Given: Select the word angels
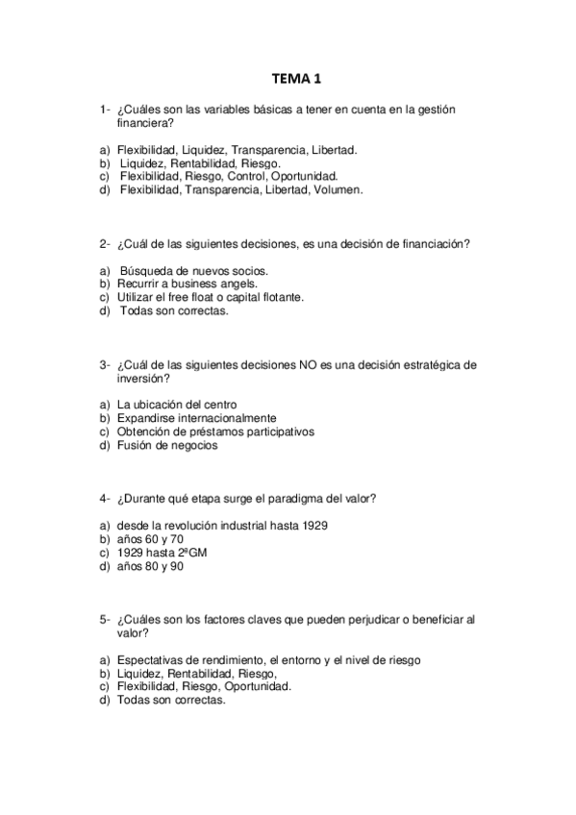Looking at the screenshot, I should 237,284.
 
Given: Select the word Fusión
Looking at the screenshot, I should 134,445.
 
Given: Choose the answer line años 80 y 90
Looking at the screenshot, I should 150,566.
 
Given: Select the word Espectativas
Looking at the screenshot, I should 153,660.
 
